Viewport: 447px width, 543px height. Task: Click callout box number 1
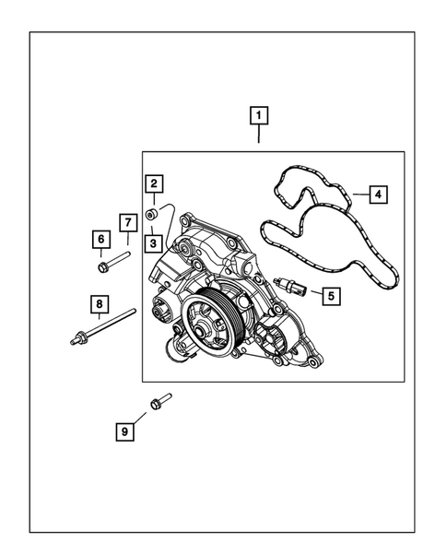tap(260, 116)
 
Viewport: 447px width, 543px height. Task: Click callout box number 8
tap(96, 303)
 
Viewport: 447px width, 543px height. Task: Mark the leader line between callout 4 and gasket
tap(358, 195)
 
